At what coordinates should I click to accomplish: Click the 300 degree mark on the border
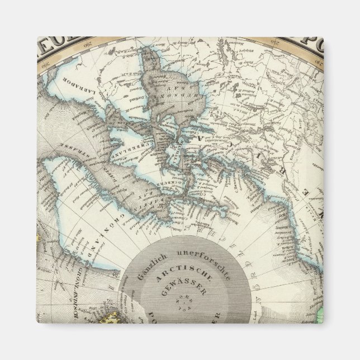[x=44, y=61]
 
